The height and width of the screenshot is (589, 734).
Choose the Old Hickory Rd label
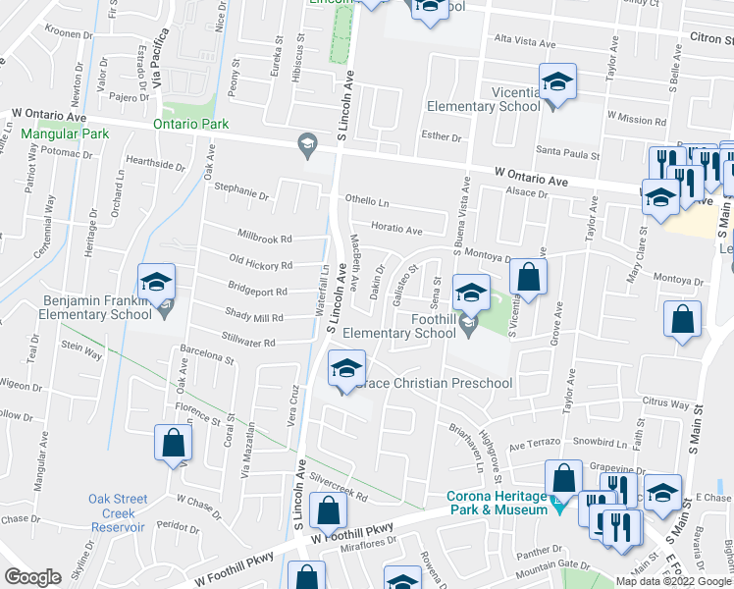(260, 265)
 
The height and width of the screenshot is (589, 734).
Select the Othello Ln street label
(366, 202)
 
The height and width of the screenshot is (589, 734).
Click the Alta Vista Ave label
(531, 39)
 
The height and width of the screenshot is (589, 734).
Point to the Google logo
(32, 577)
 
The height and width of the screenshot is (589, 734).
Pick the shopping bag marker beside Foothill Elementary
(528, 279)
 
